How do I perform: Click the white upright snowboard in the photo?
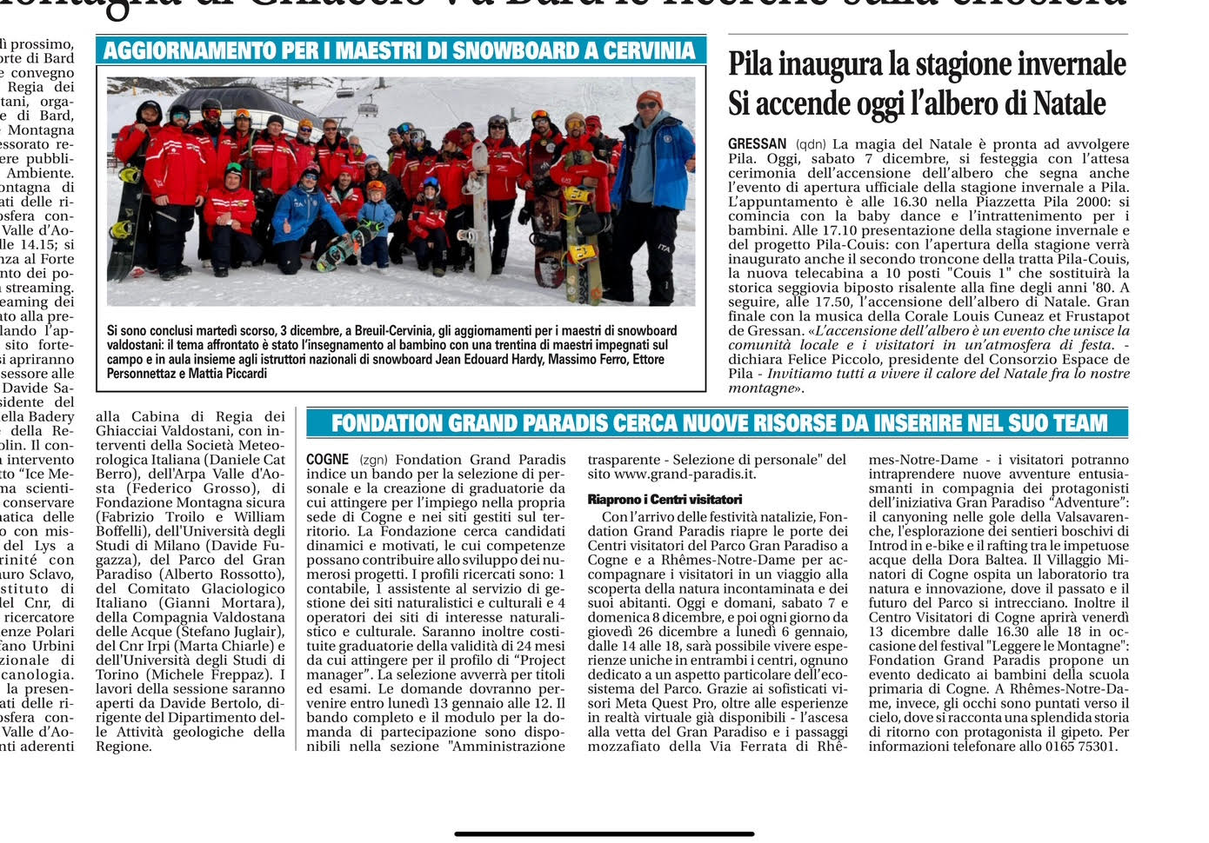point(479,213)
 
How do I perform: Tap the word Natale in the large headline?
point(1070,104)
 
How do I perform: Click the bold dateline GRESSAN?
point(757,144)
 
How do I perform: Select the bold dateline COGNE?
point(328,460)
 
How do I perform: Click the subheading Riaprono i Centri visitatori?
point(665,500)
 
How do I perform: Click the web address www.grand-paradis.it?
point(685,475)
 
